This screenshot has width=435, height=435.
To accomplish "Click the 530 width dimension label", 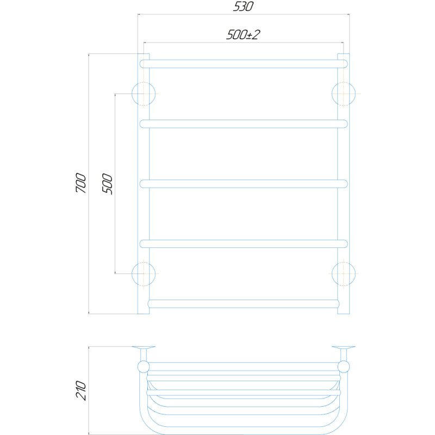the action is pyautogui.click(x=243, y=7).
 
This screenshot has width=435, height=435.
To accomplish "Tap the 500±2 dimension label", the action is pyautogui.click(x=243, y=35).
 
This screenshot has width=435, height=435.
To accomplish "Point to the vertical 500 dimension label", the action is pyautogui.click(x=107, y=184).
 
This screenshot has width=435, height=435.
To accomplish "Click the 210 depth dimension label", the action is pyautogui.click(x=81, y=390).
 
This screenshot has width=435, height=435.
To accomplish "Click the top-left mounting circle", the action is pyautogui.click(x=132, y=94).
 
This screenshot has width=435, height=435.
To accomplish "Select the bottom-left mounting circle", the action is pyautogui.click(x=132, y=274).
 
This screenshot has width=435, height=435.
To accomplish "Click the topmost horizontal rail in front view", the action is pyautogui.click(x=244, y=64).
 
